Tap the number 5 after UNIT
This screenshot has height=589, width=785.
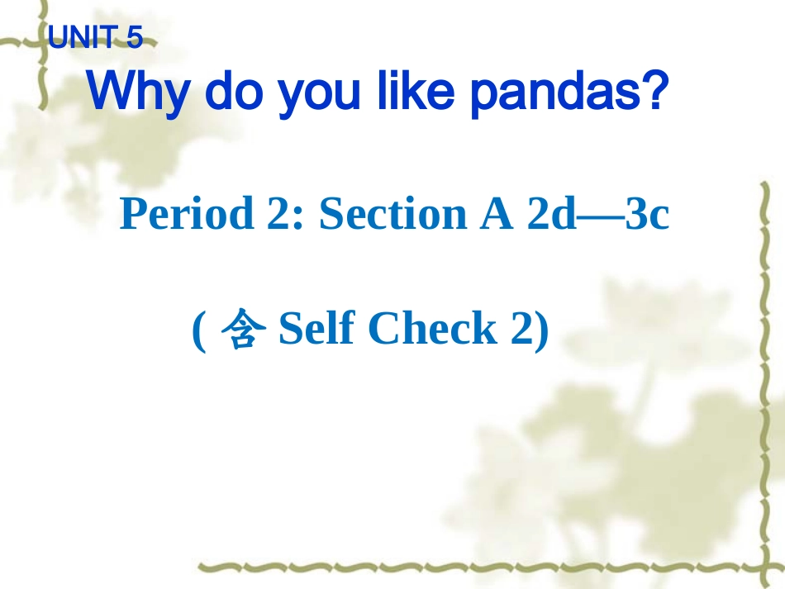point(135,38)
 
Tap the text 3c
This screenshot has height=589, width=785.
point(647,214)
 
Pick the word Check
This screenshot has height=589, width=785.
point(432,329)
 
